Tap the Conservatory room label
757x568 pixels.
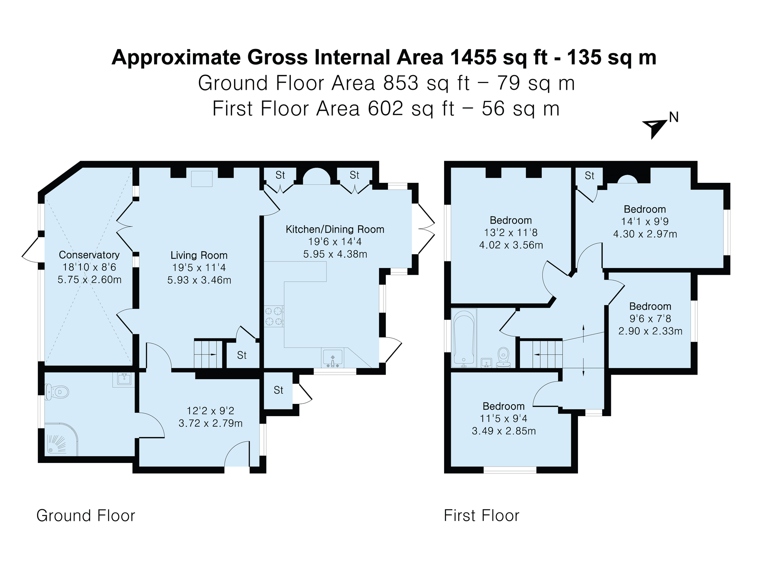89,255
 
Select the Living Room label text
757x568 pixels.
199,255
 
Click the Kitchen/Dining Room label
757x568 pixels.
335,230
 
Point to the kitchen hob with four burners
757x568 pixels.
274,316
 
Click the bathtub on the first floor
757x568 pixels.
464,338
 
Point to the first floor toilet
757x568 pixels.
504,357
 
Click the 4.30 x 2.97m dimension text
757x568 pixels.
645,234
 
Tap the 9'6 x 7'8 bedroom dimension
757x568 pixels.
650,319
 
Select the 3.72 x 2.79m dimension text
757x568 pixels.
210,423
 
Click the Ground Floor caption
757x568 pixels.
86,516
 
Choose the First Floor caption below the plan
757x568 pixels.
481,516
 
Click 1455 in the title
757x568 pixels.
473,58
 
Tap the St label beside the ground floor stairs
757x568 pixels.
242,355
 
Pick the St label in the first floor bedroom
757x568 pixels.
590,175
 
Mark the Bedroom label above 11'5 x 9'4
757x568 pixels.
504,406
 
